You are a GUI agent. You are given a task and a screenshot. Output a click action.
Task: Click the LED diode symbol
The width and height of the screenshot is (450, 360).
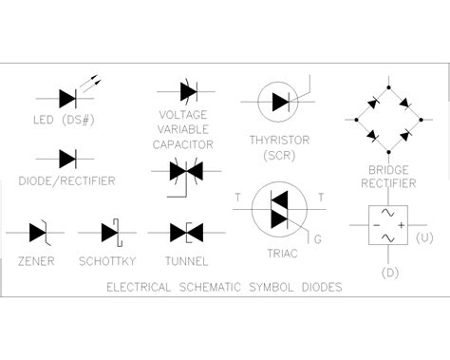(67, 96)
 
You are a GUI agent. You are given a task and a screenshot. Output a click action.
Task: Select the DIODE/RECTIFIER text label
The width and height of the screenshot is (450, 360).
(67, 180)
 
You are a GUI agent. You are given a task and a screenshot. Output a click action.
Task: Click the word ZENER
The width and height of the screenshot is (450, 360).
(36, 260)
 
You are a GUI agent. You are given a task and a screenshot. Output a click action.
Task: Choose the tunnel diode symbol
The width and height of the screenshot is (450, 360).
(184, 231)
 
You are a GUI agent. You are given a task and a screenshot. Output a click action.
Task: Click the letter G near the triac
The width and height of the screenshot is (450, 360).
(317, 240)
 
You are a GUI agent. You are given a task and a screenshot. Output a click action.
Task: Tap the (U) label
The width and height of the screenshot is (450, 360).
(426, 237)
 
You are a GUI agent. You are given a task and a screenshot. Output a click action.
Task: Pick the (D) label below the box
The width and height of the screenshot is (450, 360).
(389, 273)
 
